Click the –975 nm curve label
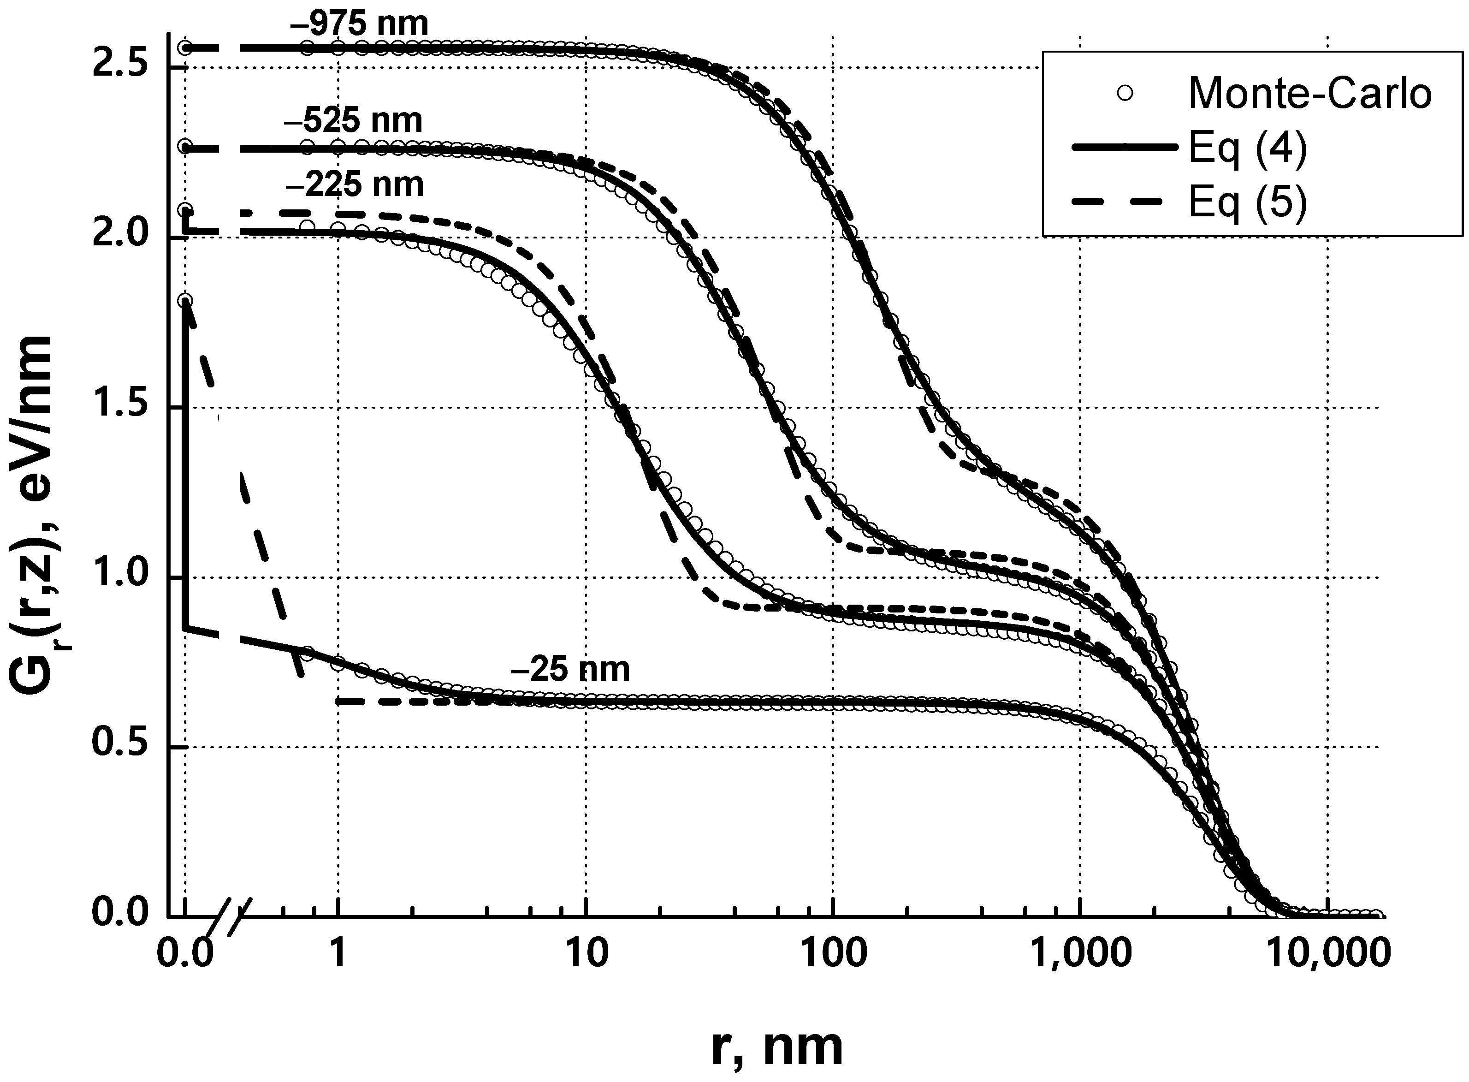pyautogui.click(x=359, y=24)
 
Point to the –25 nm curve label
pyautogui.click(x=570, y=669)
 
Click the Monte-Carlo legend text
pyautogui.click(x=1309, y=94)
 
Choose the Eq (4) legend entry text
pyautogui.click(x=1248, y=149)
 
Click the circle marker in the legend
pyautogui.click(x=1125, y=94)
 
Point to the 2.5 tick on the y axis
pyautogui.click(x=123, y=67)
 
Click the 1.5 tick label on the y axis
pyautogui.click(x=123, y=407)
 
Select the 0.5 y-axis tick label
pyautogui.click(x=123, y=747)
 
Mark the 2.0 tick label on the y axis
pyautogui.click(x=123, y=237)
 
